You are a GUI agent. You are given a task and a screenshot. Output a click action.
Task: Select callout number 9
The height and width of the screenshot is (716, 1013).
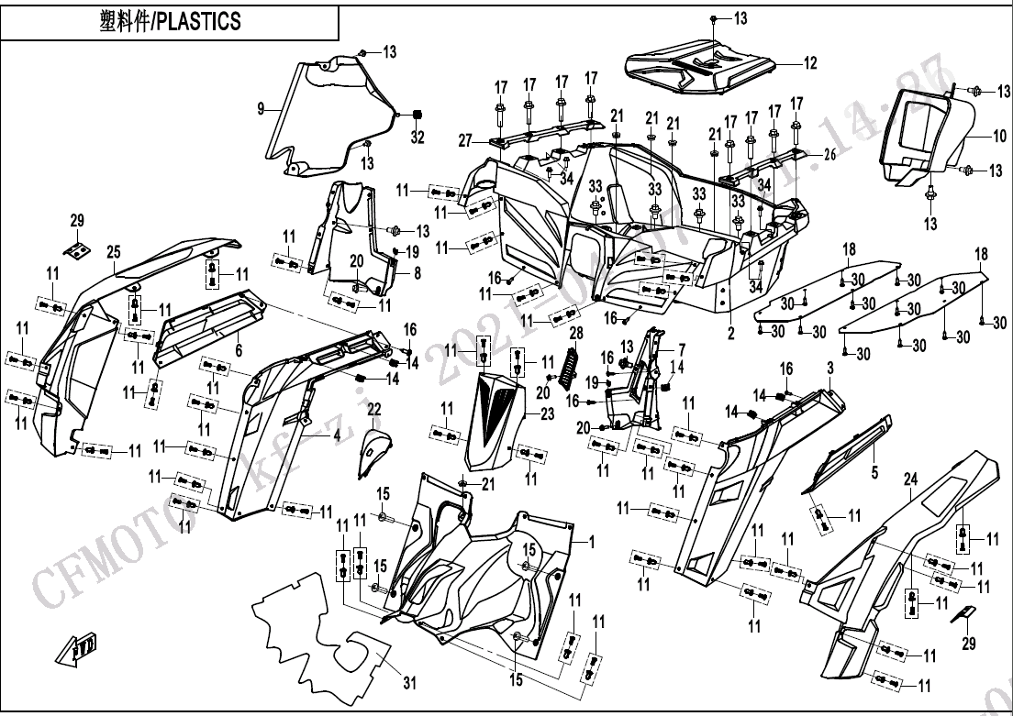[x=261, y=108]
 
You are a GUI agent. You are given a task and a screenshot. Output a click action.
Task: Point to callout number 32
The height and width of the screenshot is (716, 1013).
[x=417, y=138]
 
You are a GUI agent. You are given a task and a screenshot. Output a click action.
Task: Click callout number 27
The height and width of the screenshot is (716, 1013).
[x=465, y=140]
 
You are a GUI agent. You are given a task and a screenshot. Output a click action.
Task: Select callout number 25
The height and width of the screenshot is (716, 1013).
[x=114, y=251]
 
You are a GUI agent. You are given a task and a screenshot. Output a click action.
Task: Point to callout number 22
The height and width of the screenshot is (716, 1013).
[x=373, y=408]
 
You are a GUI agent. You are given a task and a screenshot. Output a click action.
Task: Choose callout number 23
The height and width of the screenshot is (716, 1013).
[x=547, y=413]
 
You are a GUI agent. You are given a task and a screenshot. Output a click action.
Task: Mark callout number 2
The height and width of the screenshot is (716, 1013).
[x=731, y=335]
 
